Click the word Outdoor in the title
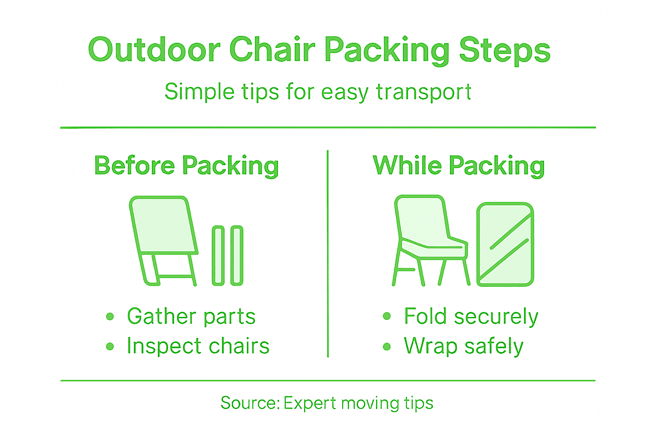pos(154,50)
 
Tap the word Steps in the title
pos(504,50)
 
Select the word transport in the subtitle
pos(423,92)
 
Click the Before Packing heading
pos(186,166)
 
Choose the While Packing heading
pos(459,166)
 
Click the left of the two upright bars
pos(218,255)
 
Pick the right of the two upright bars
pos(237,255)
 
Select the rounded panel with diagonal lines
pos(505,244)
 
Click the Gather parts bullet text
pos(191,317)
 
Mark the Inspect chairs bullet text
pos(198,346)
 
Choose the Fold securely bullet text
pos(471,317)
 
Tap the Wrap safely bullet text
pos(464,346)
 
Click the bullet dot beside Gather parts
pos(110,317)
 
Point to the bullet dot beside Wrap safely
pos(387,346)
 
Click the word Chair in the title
pos(272,50)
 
